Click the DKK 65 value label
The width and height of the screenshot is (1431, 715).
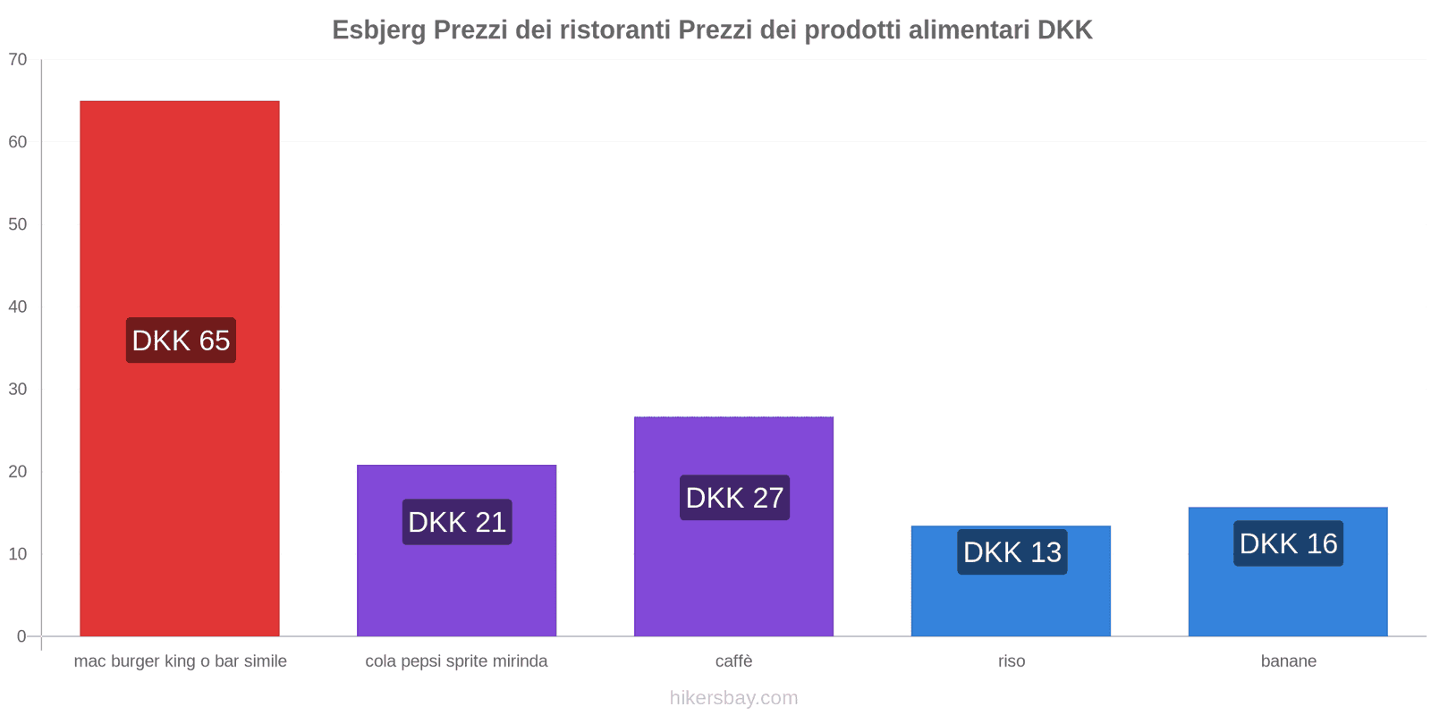coord(181,341)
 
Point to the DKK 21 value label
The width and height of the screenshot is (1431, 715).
coord(457,522)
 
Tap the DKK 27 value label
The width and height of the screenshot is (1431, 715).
coord(734,498)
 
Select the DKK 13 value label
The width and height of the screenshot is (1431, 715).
coord(1012,552)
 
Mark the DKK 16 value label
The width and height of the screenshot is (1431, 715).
coord(1288,543)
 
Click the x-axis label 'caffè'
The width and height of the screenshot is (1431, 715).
coord(733,661)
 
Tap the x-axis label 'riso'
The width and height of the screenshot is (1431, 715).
coord(1012,661)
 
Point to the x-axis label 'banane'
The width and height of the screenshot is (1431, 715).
coord(1288,661)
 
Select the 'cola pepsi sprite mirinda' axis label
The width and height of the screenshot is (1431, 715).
coord(456,661)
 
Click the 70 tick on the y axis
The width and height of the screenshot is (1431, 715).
coord(18,60)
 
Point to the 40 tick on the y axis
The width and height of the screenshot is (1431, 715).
coord(18,307)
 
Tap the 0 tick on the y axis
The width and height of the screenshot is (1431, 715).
coord(21,636)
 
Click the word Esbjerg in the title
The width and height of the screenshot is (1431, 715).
coord(379,30)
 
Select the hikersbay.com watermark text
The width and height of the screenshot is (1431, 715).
coord(733,698)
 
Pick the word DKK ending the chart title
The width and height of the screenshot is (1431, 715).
coord(1064,30)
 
